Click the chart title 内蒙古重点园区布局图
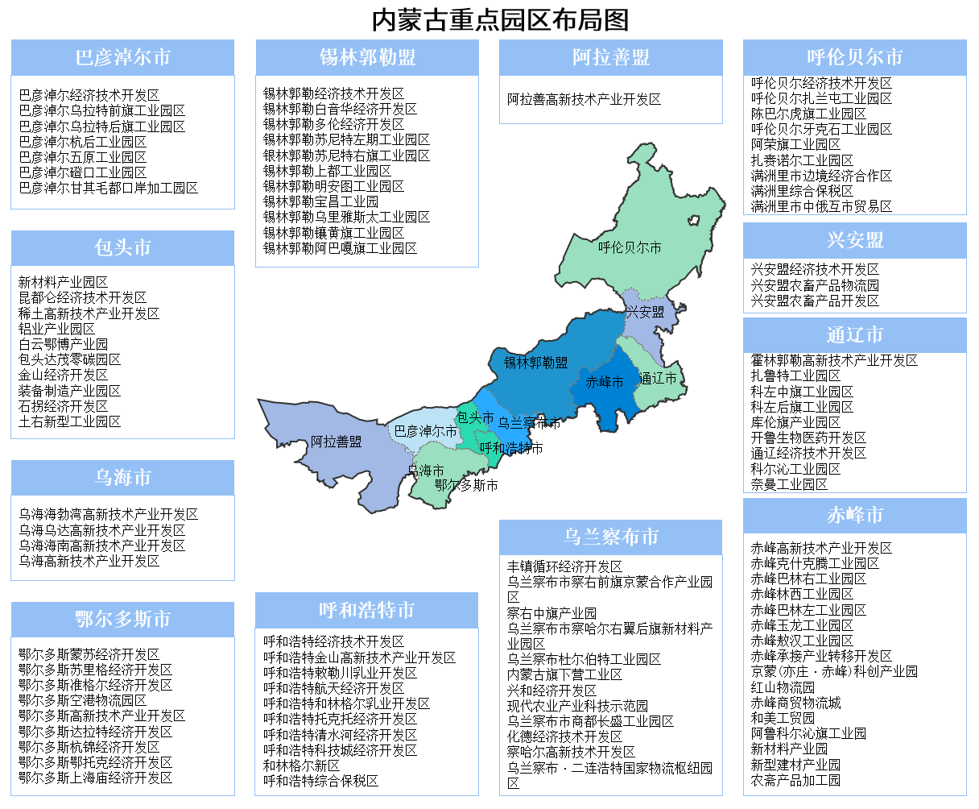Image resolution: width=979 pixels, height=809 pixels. [x=500, y=19]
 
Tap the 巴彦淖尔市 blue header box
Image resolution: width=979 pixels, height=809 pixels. [x=122, y=58]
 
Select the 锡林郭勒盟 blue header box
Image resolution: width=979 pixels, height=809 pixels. [x=367, y=58]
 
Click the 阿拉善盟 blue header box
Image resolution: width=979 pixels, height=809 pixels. [x=611, y=58]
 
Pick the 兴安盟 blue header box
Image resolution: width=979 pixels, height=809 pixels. [x=854, y=241]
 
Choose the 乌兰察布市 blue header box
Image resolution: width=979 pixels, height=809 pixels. [x=611, y=537]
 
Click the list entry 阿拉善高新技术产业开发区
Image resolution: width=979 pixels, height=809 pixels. [x=584, y=100]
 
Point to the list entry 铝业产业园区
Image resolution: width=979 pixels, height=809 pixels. [x=57, y=329]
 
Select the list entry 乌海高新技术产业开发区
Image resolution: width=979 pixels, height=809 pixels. [x=89, y=561]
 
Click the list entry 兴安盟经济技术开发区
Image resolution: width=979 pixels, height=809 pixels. [x=815, y=270]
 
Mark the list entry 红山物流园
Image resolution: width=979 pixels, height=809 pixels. [x=783, y=687]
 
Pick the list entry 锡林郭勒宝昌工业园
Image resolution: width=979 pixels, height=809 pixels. [x=320, y=201]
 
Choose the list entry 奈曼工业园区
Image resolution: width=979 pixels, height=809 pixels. [x=789, y=484]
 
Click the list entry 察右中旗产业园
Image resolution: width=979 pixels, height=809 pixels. [x=551, y=613]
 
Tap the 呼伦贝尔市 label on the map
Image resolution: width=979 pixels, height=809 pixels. [x=630, y=248]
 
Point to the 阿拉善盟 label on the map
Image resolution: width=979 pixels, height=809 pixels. [x=337, y=442]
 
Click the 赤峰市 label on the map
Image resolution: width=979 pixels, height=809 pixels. [x=605, y=383]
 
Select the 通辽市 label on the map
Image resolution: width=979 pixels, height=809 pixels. [x=658, y=379]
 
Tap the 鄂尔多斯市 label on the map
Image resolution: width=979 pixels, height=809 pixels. [x=466, y=486]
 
